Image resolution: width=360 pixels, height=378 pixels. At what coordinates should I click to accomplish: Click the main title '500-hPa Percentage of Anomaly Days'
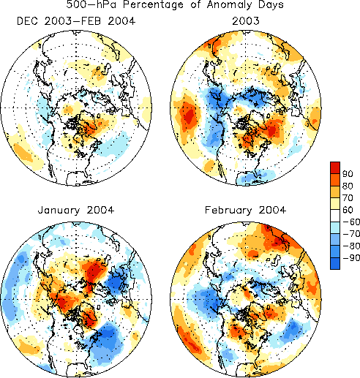[175, 4]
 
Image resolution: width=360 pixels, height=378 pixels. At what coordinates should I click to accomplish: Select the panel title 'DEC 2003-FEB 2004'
[76, 21]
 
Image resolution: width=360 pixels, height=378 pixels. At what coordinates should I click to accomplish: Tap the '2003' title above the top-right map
[246, 21]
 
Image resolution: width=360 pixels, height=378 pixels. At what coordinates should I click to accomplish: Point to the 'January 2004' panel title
[76, 210]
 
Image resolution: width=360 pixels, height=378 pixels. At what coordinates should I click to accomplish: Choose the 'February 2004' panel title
[245, 210]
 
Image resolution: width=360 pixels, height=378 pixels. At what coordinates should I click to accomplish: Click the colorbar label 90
[348, 174]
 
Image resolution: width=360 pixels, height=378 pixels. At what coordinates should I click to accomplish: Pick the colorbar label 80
[348, 186]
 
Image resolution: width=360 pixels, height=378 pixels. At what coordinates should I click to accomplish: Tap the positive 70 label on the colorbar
[348, 197]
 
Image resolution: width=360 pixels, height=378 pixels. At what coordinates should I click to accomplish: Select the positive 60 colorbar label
[348, 210]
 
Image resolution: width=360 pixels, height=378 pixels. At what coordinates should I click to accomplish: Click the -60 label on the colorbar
[351, 222]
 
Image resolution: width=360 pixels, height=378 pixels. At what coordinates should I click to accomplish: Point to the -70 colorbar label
[351, 234]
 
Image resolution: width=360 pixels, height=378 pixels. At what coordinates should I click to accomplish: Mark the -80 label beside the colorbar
[351, 246]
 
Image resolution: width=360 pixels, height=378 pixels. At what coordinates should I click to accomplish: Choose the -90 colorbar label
[351, 257]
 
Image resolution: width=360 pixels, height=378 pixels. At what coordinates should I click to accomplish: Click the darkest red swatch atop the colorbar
[335, 167]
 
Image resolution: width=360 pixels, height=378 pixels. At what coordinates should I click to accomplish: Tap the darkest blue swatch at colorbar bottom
[335, 263]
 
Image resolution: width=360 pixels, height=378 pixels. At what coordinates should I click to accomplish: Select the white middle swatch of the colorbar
[335, 216]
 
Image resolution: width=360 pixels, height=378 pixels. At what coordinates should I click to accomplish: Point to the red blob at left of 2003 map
[188, 116]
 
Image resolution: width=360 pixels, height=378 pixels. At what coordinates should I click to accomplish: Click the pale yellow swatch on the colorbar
[335, 203]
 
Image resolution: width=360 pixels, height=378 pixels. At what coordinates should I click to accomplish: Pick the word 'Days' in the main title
[271, 5]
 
